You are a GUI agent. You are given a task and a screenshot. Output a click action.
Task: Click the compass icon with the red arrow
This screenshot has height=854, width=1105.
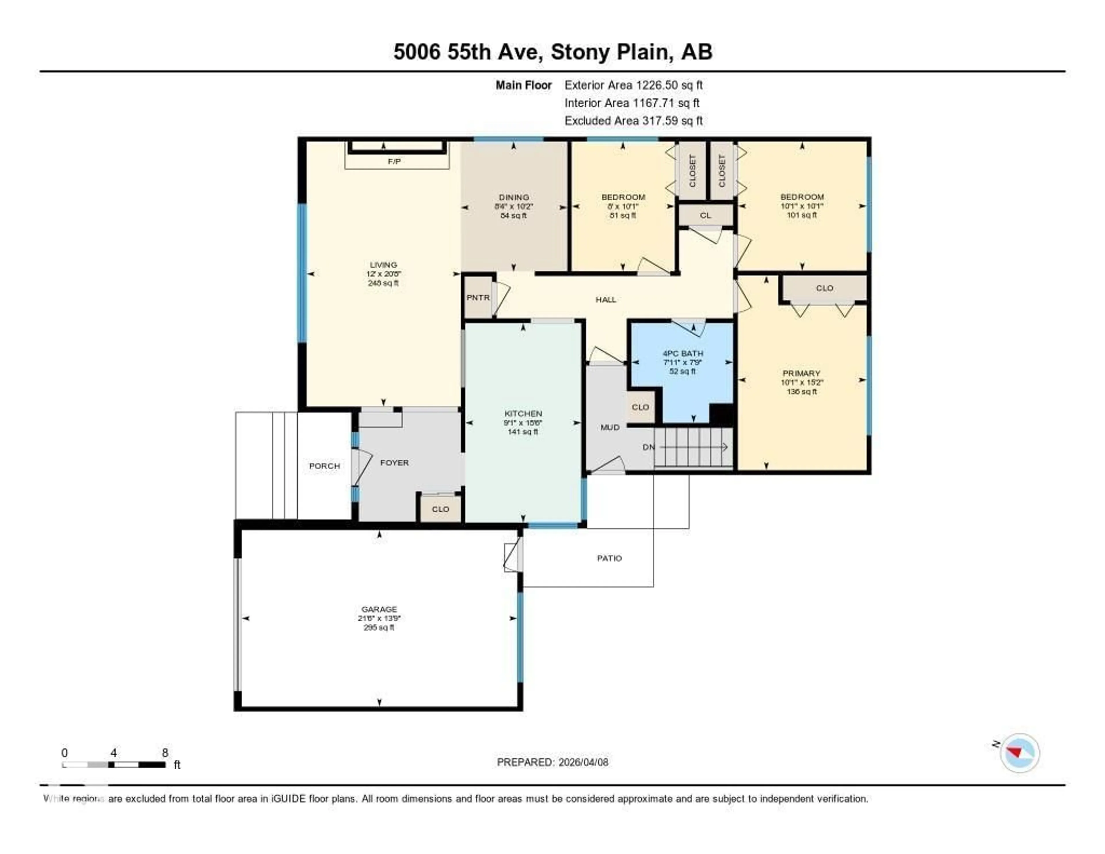(x=1020, y=752)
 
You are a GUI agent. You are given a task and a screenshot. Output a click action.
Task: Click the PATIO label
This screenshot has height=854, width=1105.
(x=609, y=558)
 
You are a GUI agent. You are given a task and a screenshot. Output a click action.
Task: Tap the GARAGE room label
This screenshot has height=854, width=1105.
(x=379, y=609)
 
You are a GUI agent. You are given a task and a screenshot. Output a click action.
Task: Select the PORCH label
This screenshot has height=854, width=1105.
(x=324, y=466)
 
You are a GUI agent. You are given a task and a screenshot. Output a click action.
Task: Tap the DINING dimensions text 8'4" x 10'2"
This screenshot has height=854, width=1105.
(x=514, y=206)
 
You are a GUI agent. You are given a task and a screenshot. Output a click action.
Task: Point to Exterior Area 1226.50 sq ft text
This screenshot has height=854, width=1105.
(x=633, y=85)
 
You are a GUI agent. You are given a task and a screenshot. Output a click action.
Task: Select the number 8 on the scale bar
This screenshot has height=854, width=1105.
(x=165, y=753)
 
